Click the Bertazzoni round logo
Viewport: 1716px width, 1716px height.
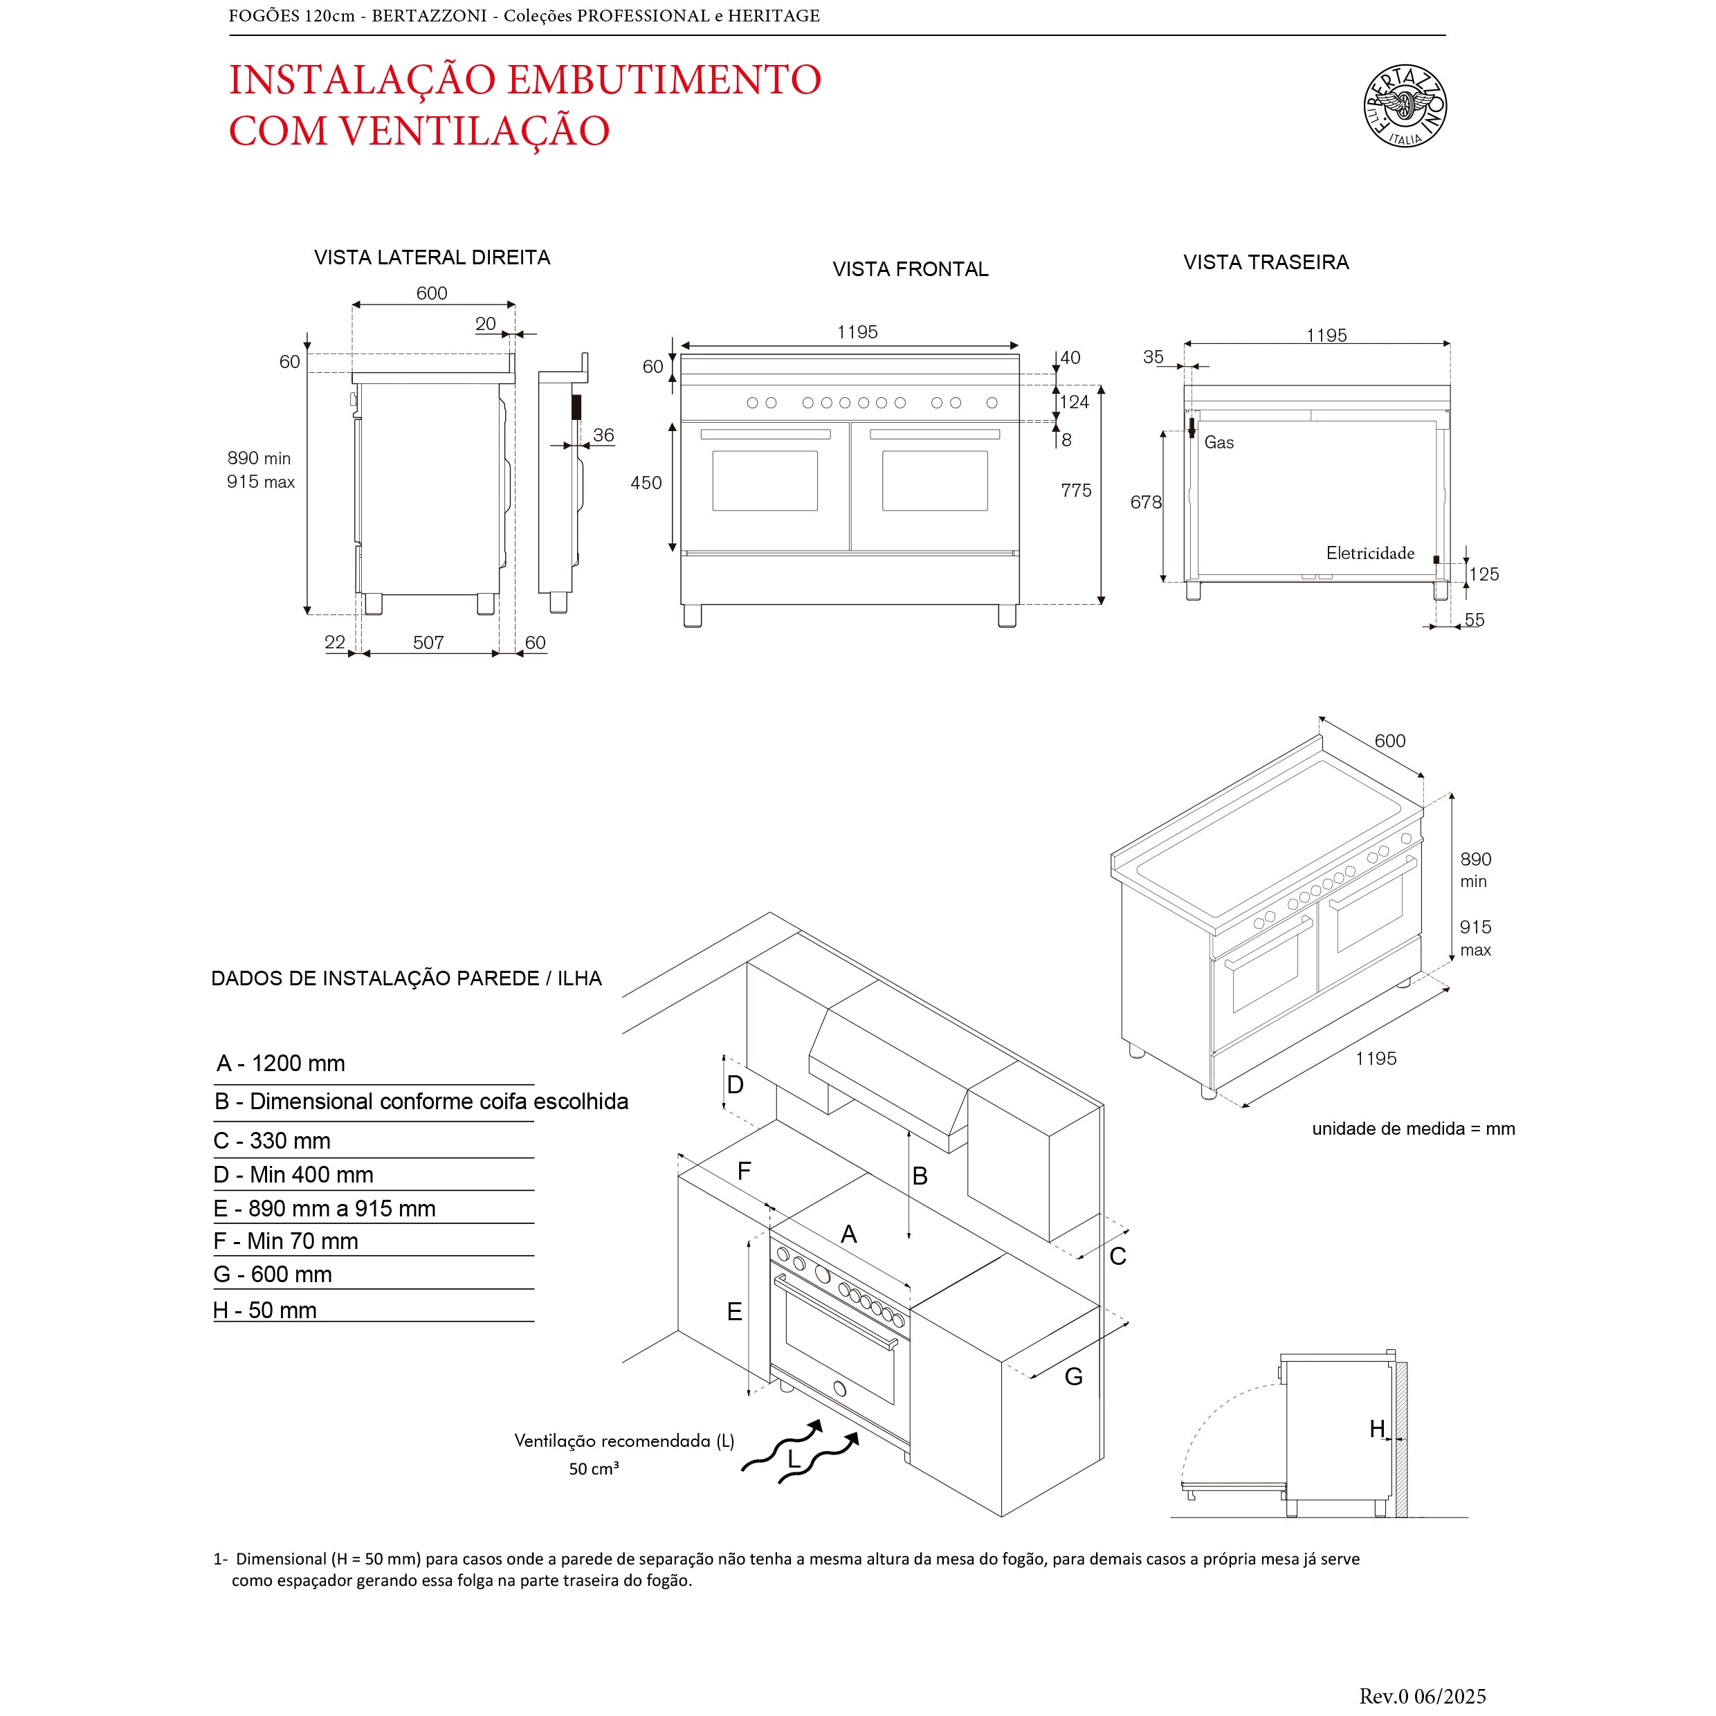tap(1405, 106)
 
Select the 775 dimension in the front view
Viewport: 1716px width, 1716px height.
tap(1075, 491)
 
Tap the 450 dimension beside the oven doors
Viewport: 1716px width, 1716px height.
tap(646, 483)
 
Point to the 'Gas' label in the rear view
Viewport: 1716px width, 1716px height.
tap(1218, 442)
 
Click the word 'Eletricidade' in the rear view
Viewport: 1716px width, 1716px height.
tap(1369, 554)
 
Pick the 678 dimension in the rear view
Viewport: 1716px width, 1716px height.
tap(1145, 503)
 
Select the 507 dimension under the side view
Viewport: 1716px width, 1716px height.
tap(428, 642)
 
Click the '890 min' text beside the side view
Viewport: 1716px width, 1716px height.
tap(259, 458)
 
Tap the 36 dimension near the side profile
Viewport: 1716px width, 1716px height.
tap(603, 435)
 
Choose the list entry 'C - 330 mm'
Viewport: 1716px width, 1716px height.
tap(272, 1140)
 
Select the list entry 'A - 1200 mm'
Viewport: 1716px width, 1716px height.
tap(281, 1064)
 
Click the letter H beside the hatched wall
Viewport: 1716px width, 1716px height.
tap(1377, 1429)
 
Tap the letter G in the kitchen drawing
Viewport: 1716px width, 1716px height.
tap(1073, 1377)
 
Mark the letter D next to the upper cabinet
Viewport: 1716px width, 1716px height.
tap(736, 1084)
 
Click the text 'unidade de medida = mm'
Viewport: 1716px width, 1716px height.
tap(1413, 1129)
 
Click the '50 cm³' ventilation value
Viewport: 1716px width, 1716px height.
tap(593, 1469)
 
